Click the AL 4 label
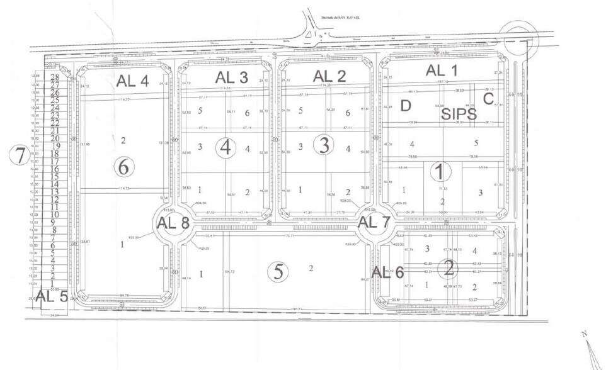(132, 80)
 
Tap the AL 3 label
(232, 77)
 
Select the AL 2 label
(330, 76)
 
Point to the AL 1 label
(443, 70)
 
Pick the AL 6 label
(387, 272)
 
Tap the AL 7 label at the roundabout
(374, 222)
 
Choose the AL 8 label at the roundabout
(173, 223)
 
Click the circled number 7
(21, 155)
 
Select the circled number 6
(124, 167)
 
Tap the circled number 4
(226, 148)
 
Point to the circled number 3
(324, 146)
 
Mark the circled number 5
(277, 272)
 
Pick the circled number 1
(440, 171)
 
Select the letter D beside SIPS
(406, 104)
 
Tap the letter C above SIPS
(488, 99)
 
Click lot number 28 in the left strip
(55, 77)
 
